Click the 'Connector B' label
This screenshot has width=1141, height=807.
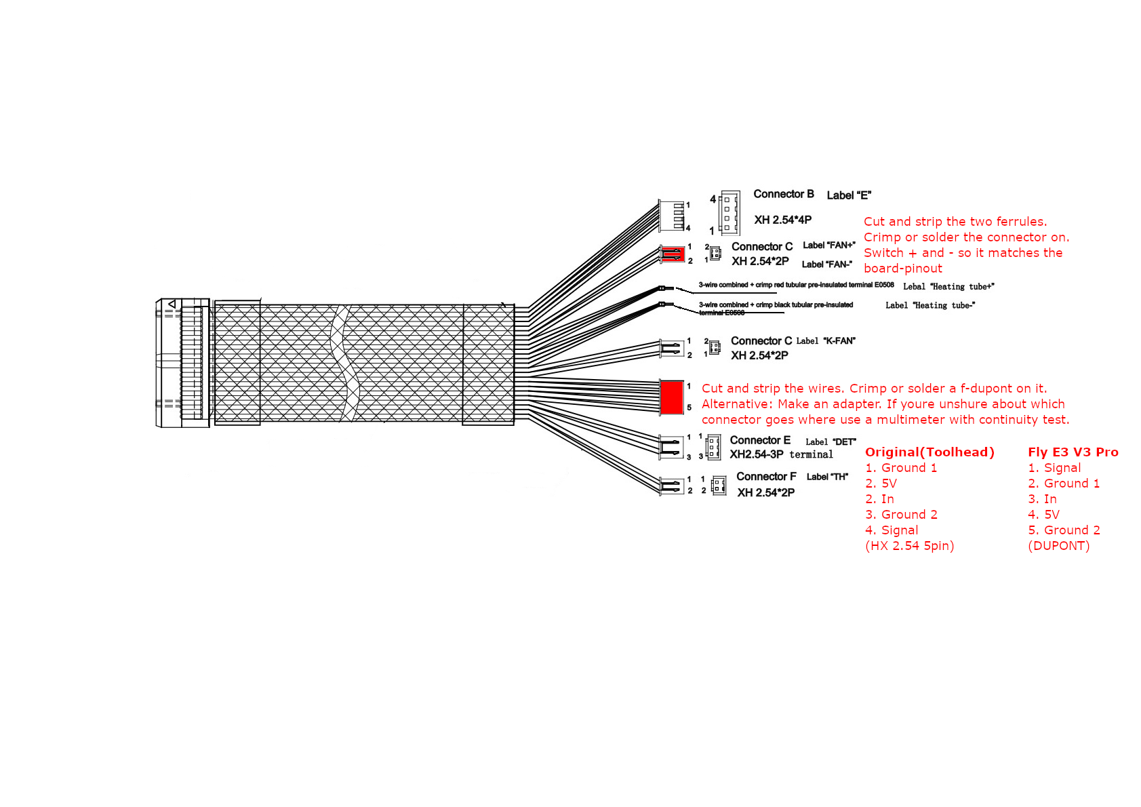[783, 194]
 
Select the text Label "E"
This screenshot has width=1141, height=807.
[848, 195]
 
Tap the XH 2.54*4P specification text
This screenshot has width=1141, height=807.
[782, 220]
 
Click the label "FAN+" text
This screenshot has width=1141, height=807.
[828, 245]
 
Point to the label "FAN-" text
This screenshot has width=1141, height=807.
[826, 264]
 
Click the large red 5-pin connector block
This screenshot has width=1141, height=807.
[671, 397]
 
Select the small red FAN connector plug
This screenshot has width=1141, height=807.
[673, 254]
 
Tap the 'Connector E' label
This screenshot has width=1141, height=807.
[759, 440]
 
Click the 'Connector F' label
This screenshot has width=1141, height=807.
[766, 477]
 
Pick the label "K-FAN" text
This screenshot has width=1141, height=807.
[826, 341]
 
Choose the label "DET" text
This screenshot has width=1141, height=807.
[830, 442]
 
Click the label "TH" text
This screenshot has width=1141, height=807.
[827, 477]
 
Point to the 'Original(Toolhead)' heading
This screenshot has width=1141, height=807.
[929, 452]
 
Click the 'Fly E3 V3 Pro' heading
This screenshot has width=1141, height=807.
[1073, 452]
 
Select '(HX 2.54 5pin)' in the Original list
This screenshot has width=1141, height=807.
[909, 546]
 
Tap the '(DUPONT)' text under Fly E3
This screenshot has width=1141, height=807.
[1058, 546]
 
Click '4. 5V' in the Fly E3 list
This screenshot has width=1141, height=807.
[1043, 515]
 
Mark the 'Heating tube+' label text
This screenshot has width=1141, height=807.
[948, 287]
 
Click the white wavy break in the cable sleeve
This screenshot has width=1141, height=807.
[343, 363]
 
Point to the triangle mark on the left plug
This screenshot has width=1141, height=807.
[172, 304]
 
